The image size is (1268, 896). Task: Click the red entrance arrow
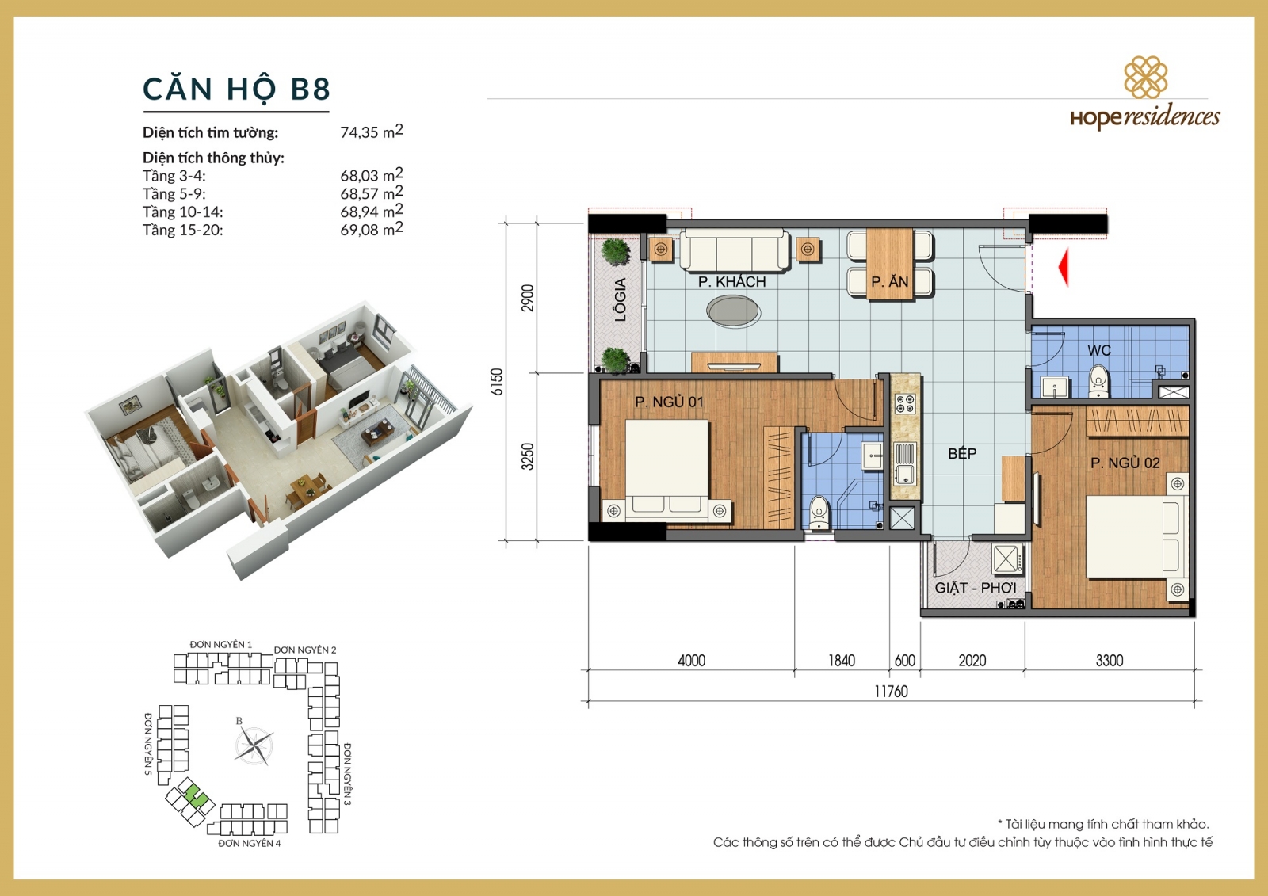point(1064,267)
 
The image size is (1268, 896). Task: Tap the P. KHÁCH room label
point(731,282)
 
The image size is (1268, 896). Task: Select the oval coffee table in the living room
point(734,311)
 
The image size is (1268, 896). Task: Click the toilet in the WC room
point(1098,381)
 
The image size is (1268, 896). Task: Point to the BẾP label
point(962,454)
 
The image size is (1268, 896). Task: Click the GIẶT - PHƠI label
point(975,588)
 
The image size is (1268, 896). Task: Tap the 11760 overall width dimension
point(891,692)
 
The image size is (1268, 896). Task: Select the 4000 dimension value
point(691,661)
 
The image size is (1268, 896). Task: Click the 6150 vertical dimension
point(497,382)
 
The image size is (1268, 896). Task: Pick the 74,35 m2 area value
point(371,132)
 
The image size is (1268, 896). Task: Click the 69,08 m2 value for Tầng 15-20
point(371,230)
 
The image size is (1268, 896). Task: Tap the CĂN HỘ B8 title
point(236,89)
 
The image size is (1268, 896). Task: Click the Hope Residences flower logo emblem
point(1145,77)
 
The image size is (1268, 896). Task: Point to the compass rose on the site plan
point(254,745)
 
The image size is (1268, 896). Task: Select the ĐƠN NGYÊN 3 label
point(347,774)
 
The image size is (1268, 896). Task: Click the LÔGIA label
point(621,299)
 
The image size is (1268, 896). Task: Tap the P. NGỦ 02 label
point(1125,463)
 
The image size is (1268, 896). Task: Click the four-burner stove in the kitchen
point(905,404)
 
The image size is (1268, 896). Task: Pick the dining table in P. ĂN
point(890,262)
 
